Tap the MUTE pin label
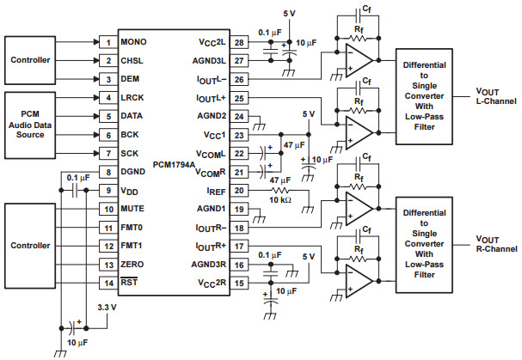[x=133, y=209]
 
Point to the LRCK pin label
[x=132, y=98]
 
